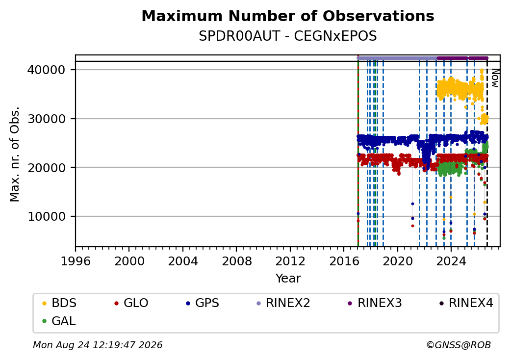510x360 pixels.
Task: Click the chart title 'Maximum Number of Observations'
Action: [288, 16]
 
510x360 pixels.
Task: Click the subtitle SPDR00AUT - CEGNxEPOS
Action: [288, 36]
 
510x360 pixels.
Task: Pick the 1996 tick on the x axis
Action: [76, 261]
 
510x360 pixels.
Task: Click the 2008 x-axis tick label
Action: [237, 261]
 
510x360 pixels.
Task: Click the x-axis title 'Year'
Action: [288, 279]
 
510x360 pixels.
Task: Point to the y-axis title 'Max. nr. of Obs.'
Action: [15, 154]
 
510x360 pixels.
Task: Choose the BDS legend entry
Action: [59, 303]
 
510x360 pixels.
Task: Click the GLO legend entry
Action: [131, 303]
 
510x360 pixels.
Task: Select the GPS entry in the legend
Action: [203, 303]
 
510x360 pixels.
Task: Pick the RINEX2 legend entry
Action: [283, 303]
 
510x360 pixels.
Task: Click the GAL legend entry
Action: [59, 321]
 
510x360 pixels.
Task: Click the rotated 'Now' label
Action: [495, 78]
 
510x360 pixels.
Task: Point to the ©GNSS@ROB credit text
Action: [459, 345]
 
